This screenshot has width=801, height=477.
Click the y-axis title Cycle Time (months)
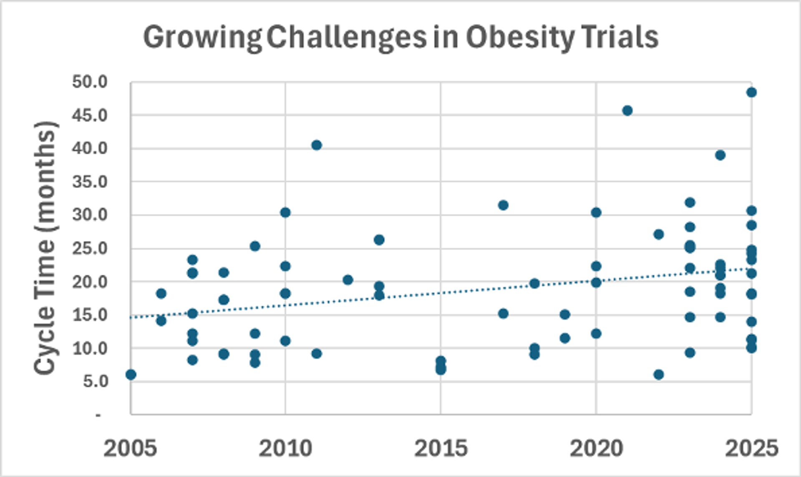pos(45,248)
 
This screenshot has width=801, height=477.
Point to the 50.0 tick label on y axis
pos(90,82)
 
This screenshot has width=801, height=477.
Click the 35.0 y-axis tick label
pos(90,182)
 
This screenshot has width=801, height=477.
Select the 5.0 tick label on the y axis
pos(96,381)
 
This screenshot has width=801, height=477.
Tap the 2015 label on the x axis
pos(441,449)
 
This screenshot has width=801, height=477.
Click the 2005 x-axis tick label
pos(130,449)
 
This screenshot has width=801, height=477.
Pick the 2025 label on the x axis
pos(751,449)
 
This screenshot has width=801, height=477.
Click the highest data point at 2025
pos(751,92)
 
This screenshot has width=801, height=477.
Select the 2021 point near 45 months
pos(627,110)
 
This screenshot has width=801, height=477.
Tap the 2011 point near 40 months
pos(317,145)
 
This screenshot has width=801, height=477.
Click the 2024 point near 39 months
pos(720,155)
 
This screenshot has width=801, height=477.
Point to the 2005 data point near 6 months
pos(131,374)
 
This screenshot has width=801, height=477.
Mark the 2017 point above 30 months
pos(503,205)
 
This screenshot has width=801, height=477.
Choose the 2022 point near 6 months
pos(658,374)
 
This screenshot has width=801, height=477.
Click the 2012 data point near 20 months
pos(348,280)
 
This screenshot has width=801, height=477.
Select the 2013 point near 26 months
pos(379,240)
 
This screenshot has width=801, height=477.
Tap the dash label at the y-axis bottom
pos(98,415)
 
